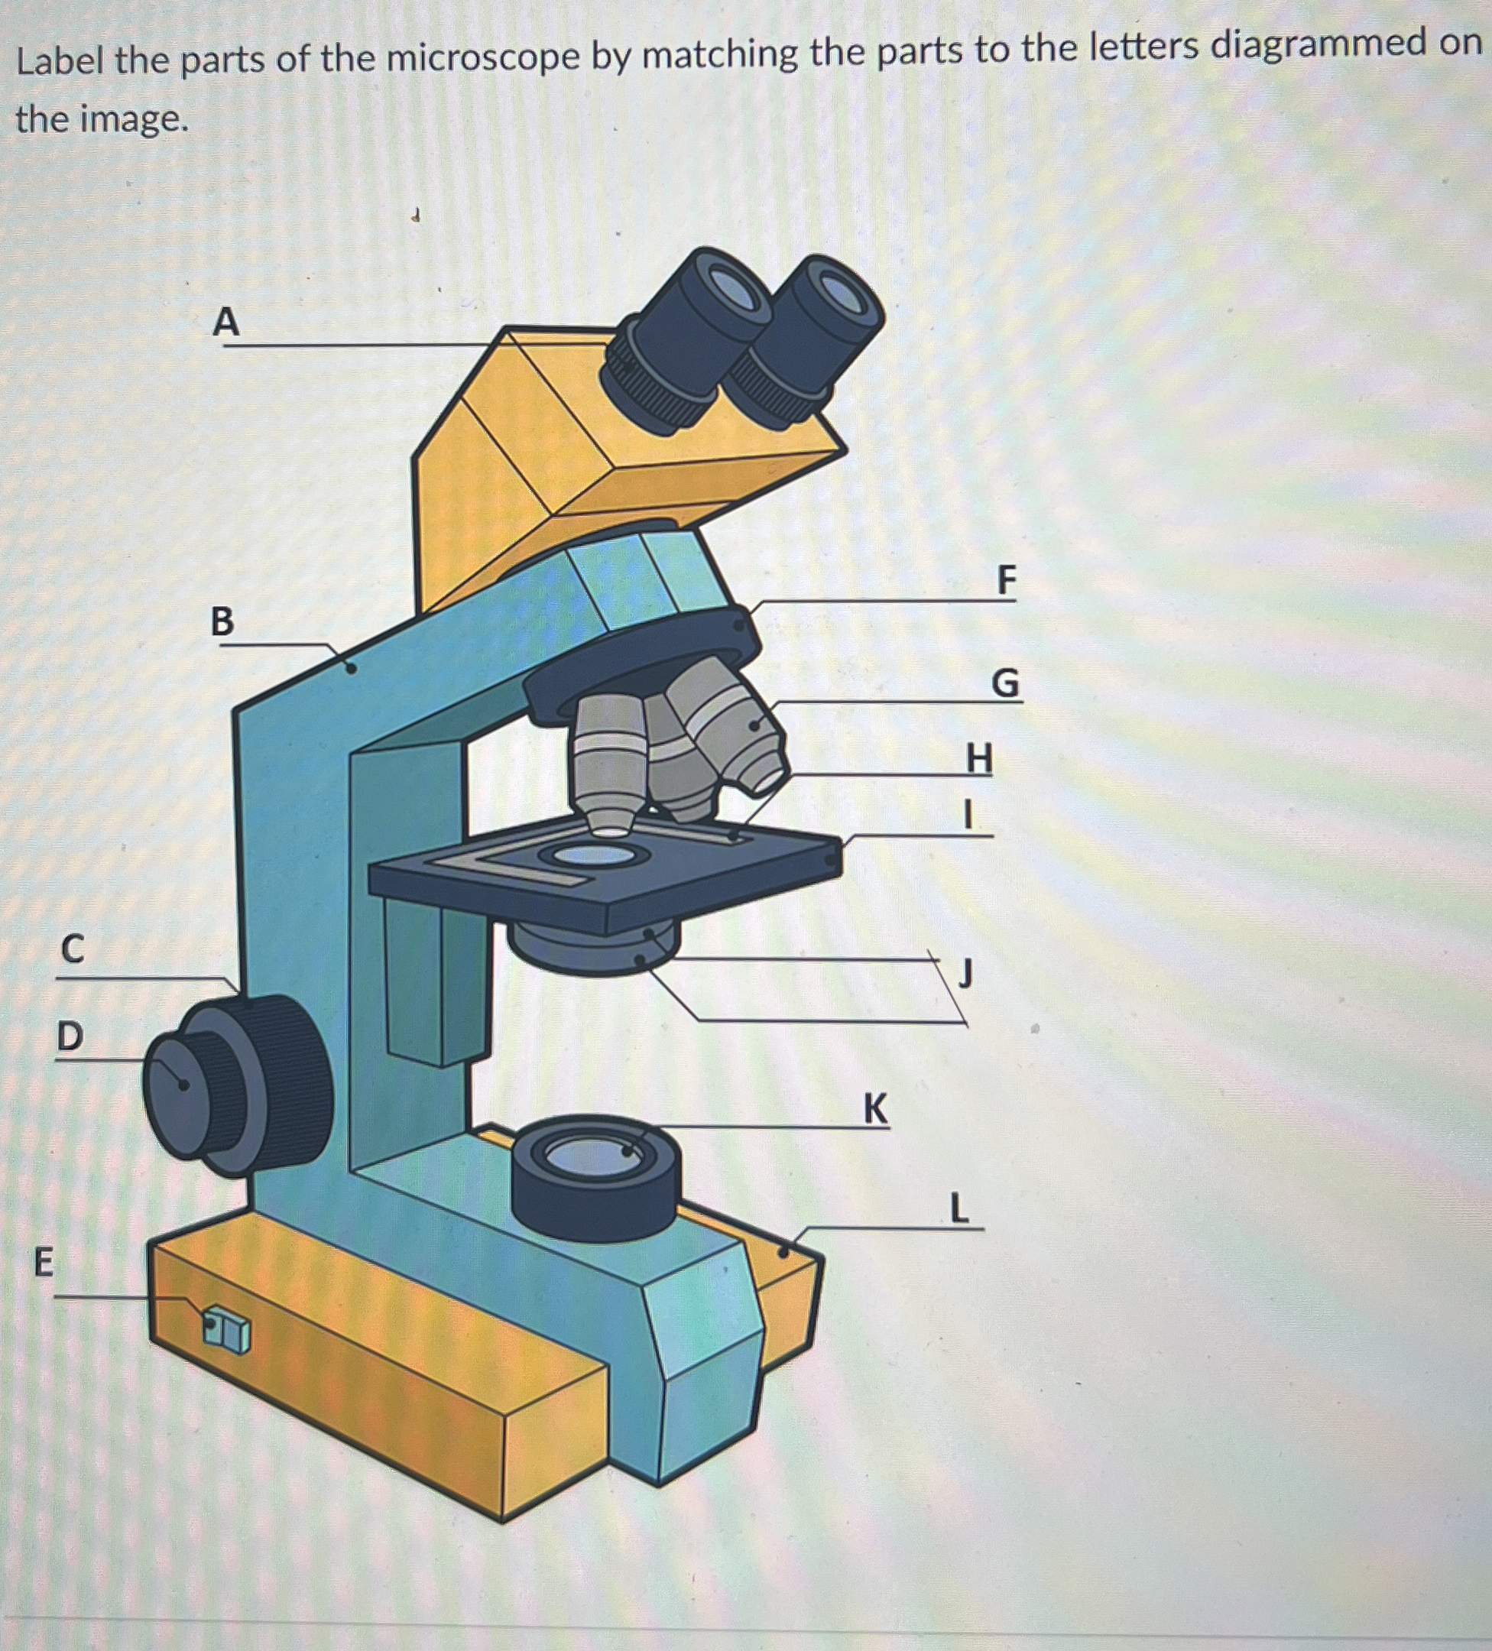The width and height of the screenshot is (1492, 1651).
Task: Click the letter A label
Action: pyautogui.click(x=226, y=321)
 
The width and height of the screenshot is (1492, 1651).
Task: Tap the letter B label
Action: pyautogui.click(x=222, y=621)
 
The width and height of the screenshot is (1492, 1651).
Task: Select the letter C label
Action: pyautogui.click(x=73, y=949)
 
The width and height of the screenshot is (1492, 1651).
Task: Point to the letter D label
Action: pyautogui.click(x=70, y=1036)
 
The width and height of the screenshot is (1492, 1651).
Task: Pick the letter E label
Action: pyautogui.click(x=44, y=1262)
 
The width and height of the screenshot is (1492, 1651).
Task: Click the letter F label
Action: pyautogui.click(x=1007, y=580)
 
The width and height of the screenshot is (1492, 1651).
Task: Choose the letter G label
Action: pyautogui.click(x=1006, y=682)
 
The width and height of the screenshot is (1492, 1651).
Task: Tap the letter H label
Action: pyautogui.click(x=979, y=757)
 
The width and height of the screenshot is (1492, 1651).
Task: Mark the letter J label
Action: pyautogui.click(x=967, y=973)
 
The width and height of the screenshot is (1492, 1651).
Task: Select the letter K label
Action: pyautogui.click(x=875, y=1109)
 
